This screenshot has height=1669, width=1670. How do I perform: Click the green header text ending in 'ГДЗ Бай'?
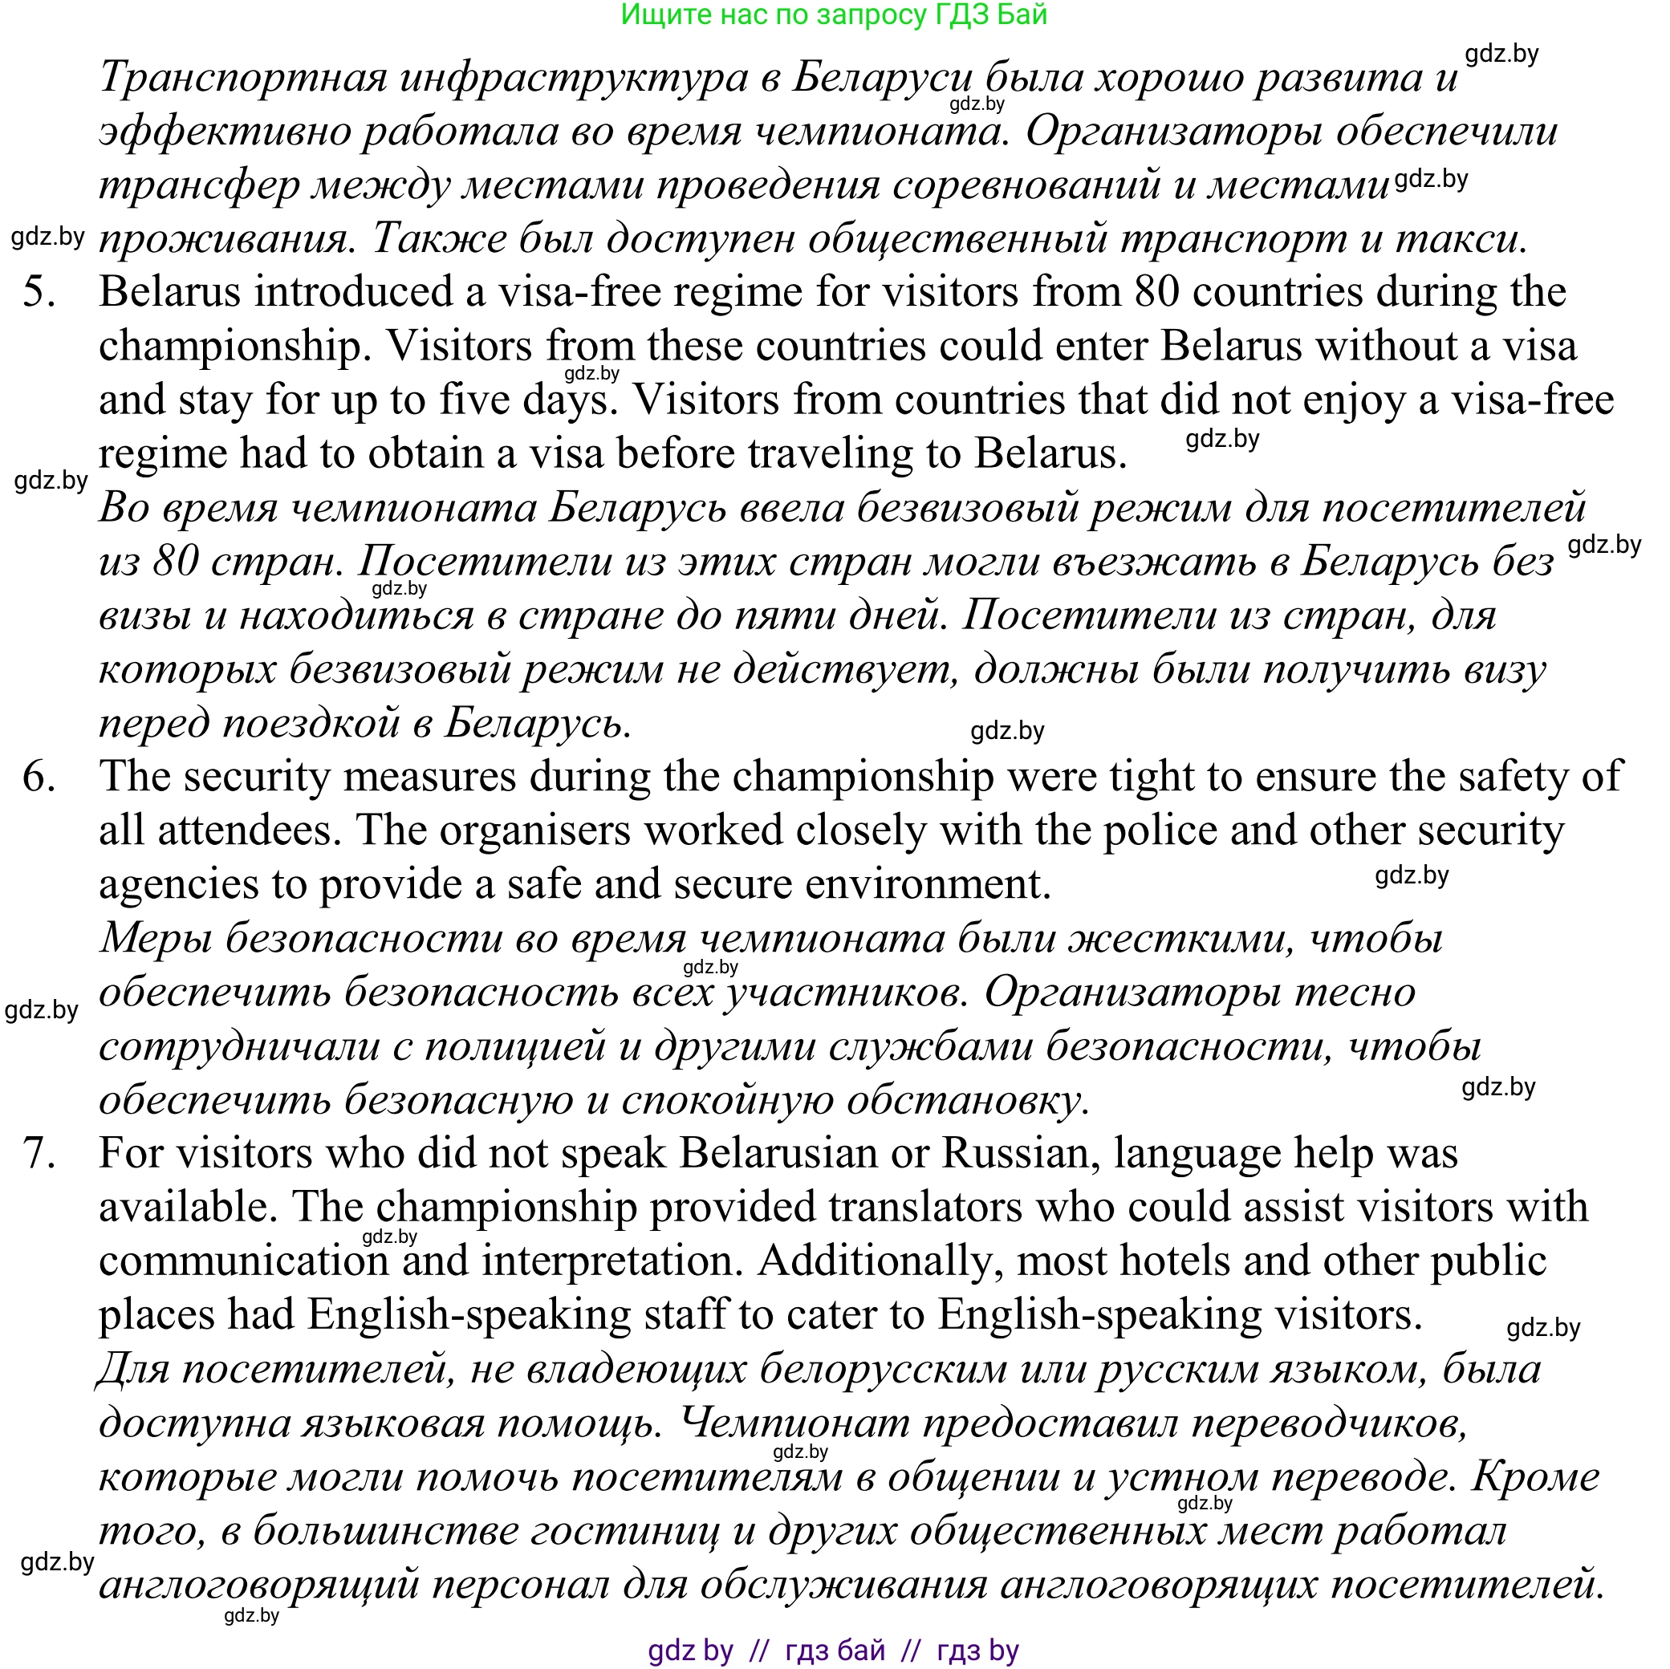tap(834, 14)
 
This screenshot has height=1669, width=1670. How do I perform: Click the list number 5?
tap(39, 292)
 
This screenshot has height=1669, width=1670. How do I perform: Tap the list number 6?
tap(39, 776)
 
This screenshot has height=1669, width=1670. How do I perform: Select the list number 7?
tap(39, 1153)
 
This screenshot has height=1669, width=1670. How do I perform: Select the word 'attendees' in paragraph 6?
tap(250, 830)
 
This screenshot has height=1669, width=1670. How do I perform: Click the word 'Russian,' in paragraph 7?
tap(1021, 1153)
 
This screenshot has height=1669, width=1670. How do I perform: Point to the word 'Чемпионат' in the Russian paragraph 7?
tap(794, 1423)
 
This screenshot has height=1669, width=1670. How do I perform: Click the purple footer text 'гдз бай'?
tap(835, 1650)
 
